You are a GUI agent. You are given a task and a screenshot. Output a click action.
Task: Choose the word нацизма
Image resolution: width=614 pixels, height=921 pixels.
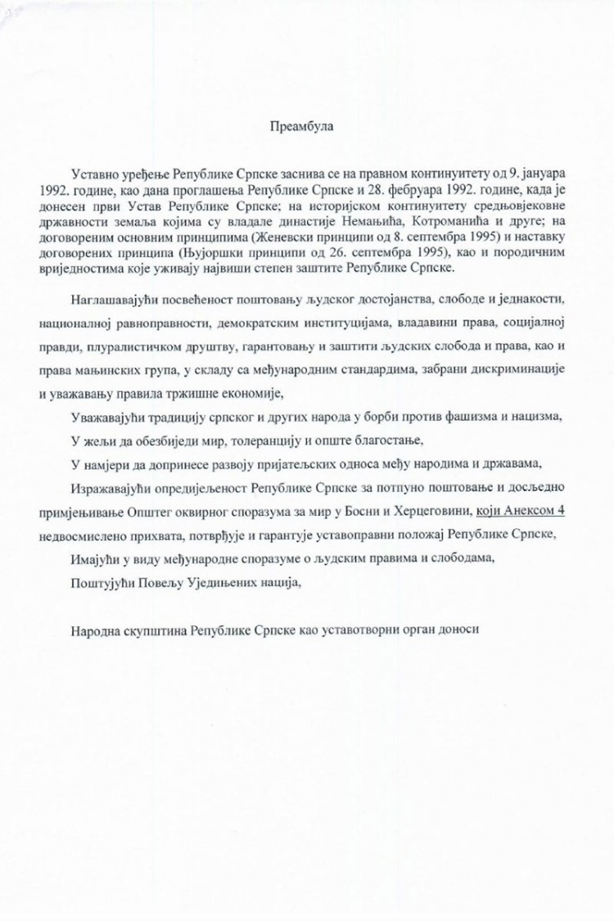(534, 417)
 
